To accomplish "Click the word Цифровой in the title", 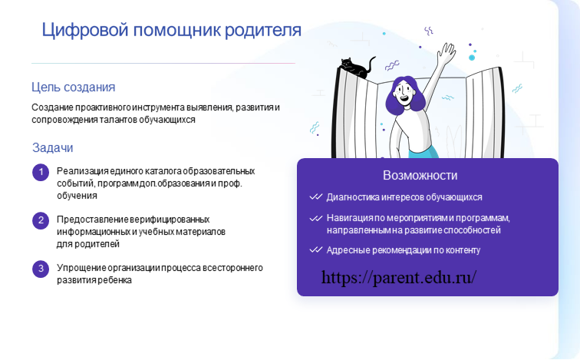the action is point(85,31).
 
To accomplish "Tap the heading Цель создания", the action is point(73,88).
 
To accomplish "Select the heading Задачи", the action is point(52,147).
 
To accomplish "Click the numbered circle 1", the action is point(41,173).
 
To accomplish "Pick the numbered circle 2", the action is point(41,220).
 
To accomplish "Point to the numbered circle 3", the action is point(41,269).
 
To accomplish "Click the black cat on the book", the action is point(356,68).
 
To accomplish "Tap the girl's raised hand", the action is point(447,52).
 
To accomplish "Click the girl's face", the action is point(404,94).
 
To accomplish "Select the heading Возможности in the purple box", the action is point(420,175).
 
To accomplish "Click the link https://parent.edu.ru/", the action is point(399,277).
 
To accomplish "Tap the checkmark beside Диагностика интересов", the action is point(316,197).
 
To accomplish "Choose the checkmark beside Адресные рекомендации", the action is point(316,250).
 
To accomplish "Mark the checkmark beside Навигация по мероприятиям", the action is point(316,218).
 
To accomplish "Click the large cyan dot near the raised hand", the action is point(472,58).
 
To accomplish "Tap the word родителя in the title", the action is point(263,31).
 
